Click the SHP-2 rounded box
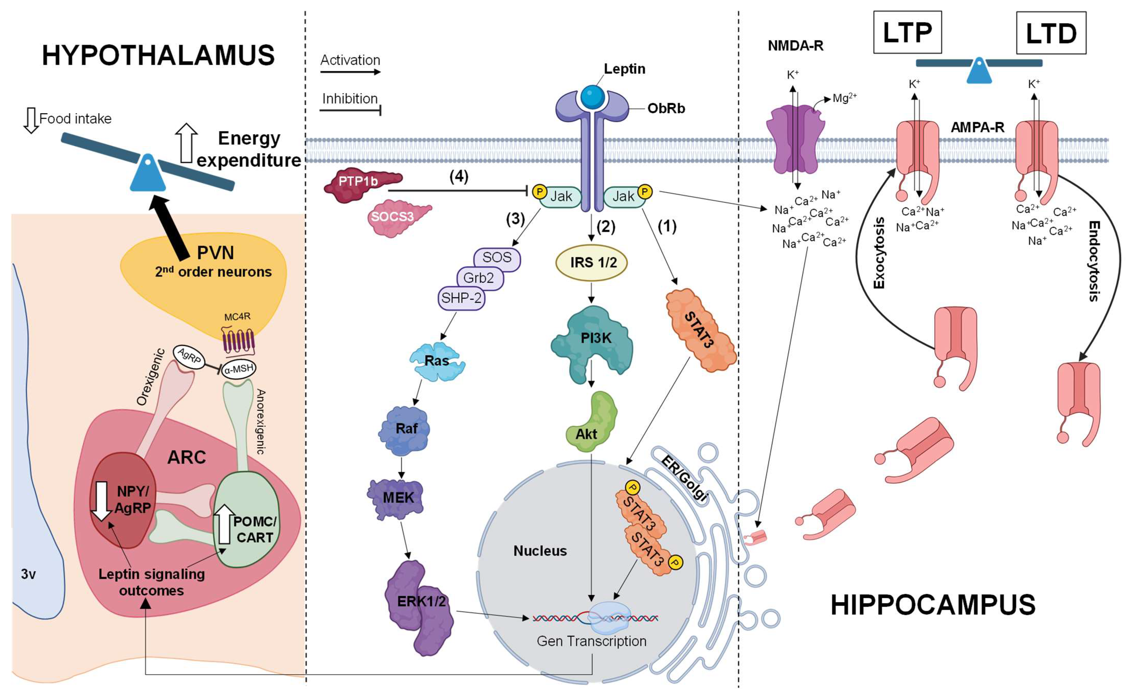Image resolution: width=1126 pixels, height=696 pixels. coord(461,298)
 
